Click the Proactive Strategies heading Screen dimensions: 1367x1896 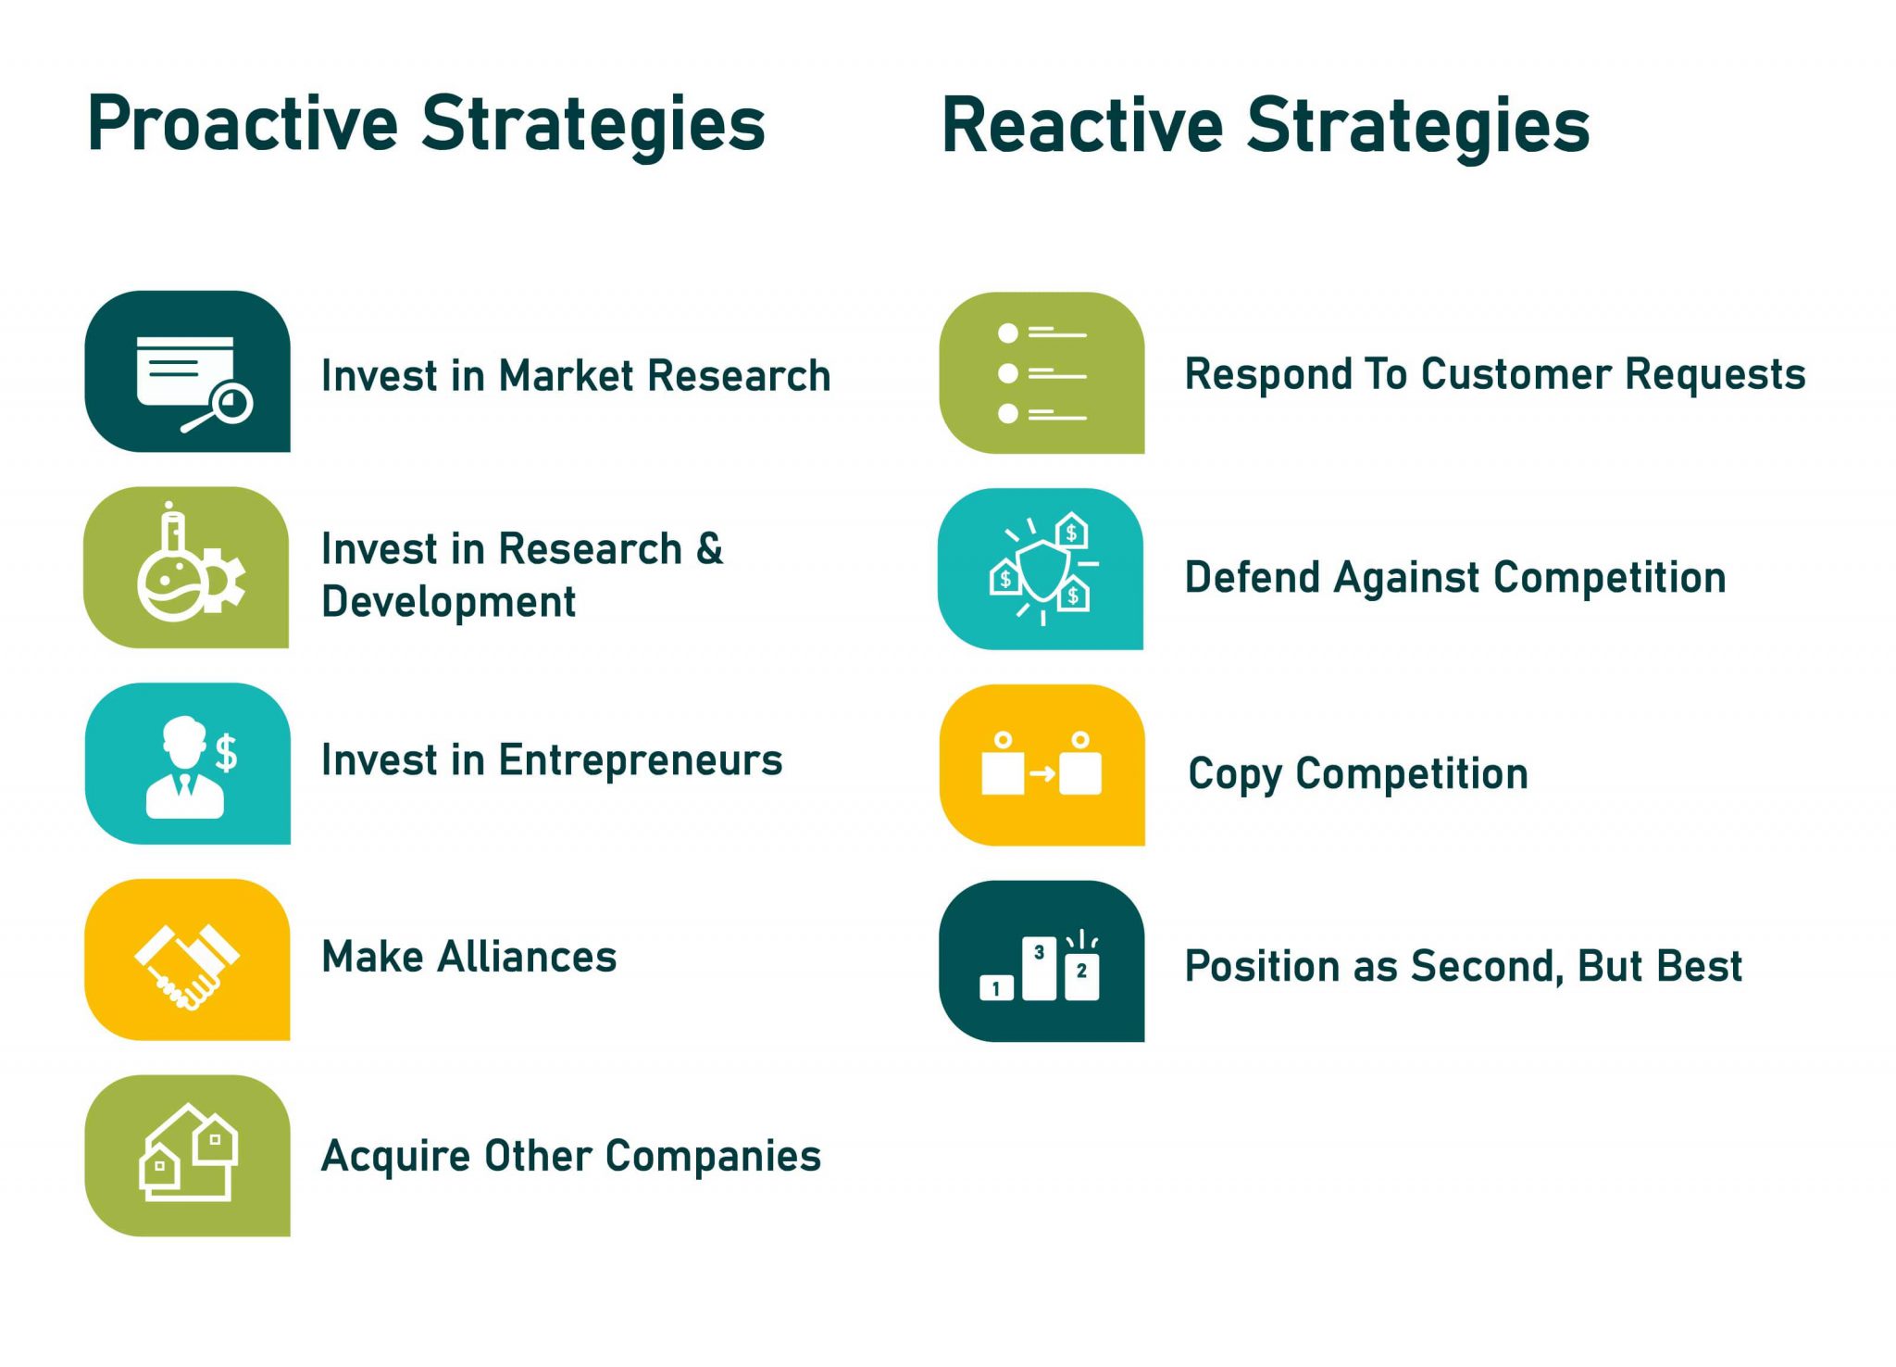point(426,125)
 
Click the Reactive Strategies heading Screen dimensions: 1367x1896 point(1265,127)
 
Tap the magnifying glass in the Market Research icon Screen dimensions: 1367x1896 point(230,404)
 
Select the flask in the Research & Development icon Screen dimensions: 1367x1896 point(170,574)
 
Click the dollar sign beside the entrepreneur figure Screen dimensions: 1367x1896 point(227,752)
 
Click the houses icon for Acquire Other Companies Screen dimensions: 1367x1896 point(189,1154)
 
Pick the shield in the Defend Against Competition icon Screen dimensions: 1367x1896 point(1042,571)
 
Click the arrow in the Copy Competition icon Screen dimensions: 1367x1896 point(1042,773)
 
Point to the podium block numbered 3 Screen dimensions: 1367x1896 point(1039,967)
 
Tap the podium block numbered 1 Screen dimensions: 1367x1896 point(996,988)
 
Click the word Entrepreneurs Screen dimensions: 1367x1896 point(640,760)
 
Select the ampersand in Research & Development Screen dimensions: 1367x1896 point(709,548)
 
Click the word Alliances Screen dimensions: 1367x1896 point(527,957)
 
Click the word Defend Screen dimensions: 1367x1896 point(1253,577)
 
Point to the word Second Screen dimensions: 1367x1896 point(1488,966)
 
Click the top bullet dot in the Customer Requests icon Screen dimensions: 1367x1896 point(1008,332)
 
